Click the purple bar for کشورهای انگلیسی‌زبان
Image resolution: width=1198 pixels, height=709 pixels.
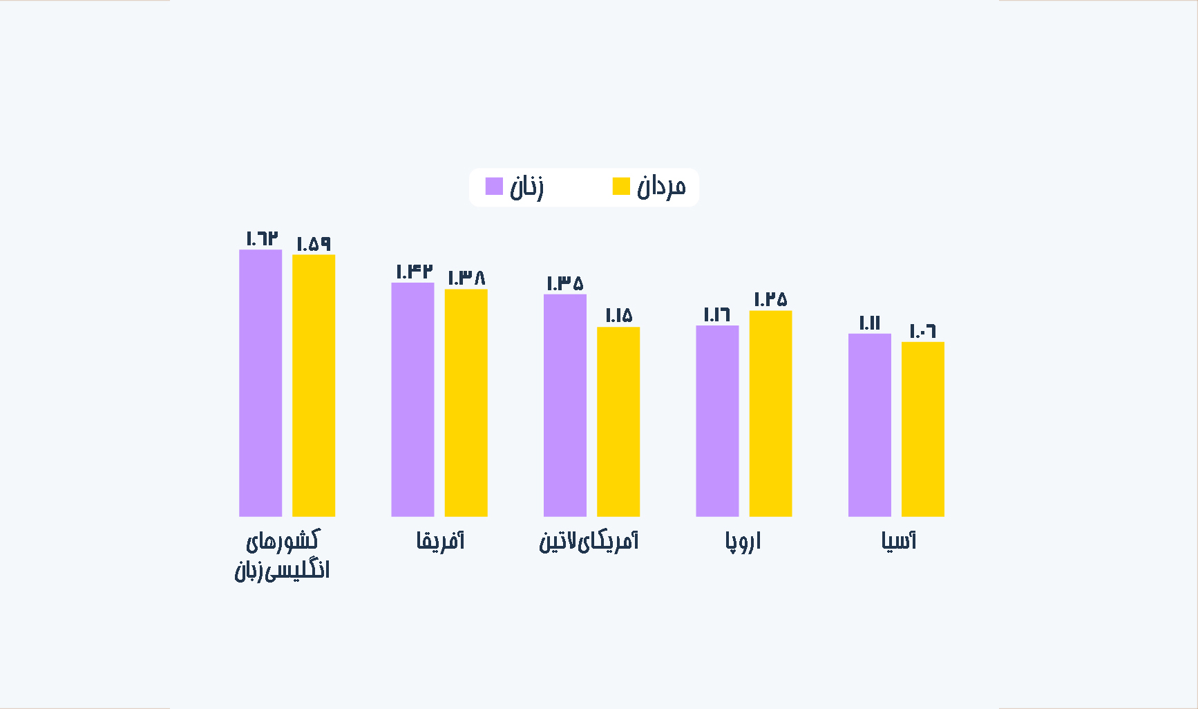pos(260,383)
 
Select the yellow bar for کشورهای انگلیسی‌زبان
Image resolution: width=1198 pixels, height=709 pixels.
pos(314,386)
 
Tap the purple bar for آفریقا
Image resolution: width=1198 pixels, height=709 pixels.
pos(412,399)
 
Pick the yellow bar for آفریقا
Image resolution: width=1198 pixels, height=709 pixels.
pos(466,403)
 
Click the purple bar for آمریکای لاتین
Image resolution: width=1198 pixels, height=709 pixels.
pos(565,406)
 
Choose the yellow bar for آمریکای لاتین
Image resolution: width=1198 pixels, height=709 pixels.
pos(618,422)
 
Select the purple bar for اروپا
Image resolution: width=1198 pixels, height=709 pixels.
pos(717,421)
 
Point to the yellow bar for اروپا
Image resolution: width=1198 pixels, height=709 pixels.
pos(770,413)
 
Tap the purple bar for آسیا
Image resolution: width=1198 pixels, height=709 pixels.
pos(870,425)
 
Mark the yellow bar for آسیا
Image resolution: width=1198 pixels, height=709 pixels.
pos(923,429)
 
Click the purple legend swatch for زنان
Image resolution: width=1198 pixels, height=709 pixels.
pos(494,187)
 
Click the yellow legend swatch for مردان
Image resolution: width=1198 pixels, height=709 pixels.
pos(621,187)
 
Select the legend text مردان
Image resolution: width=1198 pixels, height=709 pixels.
pos(661,187)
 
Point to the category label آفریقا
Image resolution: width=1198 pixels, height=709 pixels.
pos(440,540)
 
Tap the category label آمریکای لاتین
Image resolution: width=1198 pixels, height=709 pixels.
pos(589,540)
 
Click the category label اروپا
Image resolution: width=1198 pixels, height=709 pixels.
pos(743,541)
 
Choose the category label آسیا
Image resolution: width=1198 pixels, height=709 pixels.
pos(898,540)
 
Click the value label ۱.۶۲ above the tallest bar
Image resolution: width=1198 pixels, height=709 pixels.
pos(262,238)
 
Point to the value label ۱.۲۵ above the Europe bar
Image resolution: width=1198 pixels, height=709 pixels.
pos(770,299)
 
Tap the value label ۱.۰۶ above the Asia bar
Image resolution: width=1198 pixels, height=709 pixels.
pos(922,331)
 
